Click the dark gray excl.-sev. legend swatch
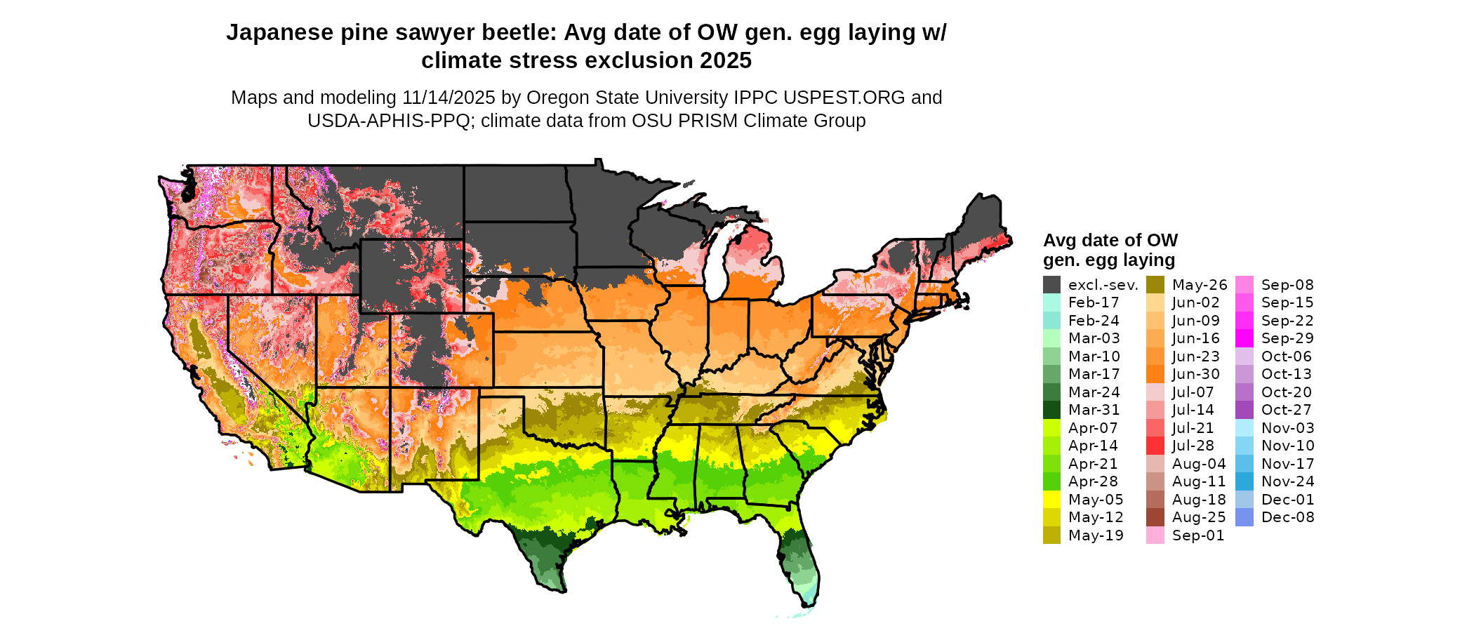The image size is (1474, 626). (1051, 284)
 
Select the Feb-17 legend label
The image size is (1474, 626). (1094, 302)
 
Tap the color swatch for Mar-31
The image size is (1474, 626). (1051, 410)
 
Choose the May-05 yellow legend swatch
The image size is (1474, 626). (1051, 499)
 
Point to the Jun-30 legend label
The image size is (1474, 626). (1195, 374)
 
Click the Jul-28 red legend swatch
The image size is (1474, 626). (1155, 446)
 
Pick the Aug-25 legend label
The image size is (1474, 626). (1198, 517)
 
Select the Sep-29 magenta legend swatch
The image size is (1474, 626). (1244, 338)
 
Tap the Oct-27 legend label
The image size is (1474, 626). (1286, 410)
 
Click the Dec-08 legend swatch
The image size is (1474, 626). (1244, 517)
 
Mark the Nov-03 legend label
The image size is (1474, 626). (1287, 428)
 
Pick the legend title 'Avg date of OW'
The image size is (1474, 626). (1110, 240)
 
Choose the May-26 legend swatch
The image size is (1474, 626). (1155, 284)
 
